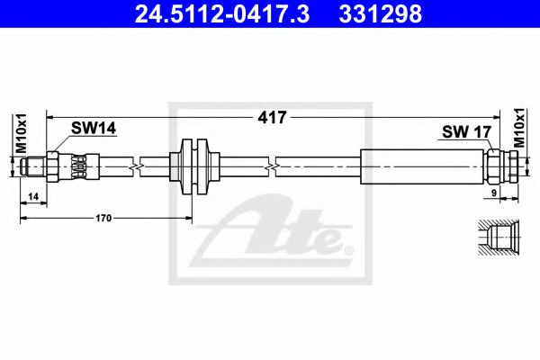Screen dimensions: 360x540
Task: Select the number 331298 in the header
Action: (380, 14)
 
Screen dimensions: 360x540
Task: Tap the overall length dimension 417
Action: (271, 117)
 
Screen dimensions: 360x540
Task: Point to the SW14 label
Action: (94, 130)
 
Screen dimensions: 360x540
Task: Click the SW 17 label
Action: (465, 131)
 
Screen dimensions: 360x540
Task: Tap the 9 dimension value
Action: (494, 193)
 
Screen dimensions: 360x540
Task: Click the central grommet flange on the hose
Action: (194, 167)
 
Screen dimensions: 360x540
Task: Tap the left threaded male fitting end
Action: (34, 166)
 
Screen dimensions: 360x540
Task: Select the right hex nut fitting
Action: (502, 166)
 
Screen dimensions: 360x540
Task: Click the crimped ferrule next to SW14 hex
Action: (79, 166)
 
